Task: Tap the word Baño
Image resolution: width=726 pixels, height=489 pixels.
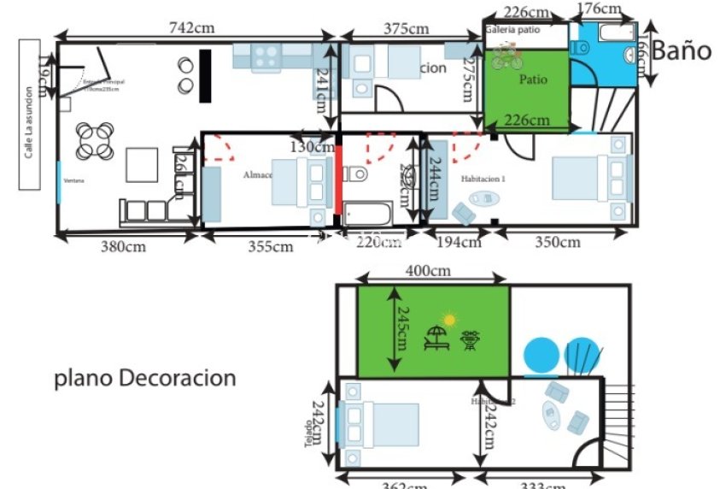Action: [x=681, y=50]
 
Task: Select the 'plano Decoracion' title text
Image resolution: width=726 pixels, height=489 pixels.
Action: [x=144, y=378]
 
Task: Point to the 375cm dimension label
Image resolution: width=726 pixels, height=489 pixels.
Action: [x=406, y=28]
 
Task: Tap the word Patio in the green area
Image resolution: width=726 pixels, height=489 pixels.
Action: [x=533, y=80]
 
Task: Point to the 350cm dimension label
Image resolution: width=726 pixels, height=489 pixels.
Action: [x=557, y=243]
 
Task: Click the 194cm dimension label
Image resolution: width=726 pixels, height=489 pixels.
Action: [x=459, y=243]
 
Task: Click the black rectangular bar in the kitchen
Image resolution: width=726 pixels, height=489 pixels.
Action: [x=205, y=76]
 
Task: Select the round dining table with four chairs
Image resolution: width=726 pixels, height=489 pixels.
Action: [x=95, y=141]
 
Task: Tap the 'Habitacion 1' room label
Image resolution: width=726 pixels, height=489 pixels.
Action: [x=483, y=180]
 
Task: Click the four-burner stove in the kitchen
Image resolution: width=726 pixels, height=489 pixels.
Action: [x=265, y=56]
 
